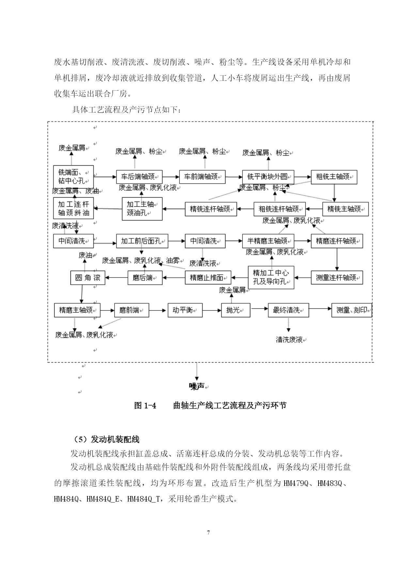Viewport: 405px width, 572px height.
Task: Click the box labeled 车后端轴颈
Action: (139, 177)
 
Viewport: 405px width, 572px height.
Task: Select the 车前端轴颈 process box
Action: (202, 177)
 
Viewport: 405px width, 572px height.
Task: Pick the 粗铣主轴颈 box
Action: (334, 177)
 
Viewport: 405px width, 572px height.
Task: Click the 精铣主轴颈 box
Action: (345, 209)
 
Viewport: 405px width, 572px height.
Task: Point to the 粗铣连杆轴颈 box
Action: (280, 209)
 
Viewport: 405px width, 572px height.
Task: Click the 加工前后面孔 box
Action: (142, 241)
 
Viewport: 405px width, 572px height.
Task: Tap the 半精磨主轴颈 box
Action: (268, 241)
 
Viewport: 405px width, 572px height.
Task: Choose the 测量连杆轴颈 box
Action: (337, 278)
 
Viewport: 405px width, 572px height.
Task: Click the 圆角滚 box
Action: (88, 278)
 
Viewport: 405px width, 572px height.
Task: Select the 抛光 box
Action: (236, 310)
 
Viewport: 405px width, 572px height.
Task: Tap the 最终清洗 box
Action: (288, 310)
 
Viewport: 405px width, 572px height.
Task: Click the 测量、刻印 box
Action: (351, 310)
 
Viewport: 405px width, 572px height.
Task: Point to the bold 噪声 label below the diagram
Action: (197, 386)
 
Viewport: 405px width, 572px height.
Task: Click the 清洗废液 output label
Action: (289, 339)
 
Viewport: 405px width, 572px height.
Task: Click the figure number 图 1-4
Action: (145, 405)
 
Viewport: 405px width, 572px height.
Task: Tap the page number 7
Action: (209, 533)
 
